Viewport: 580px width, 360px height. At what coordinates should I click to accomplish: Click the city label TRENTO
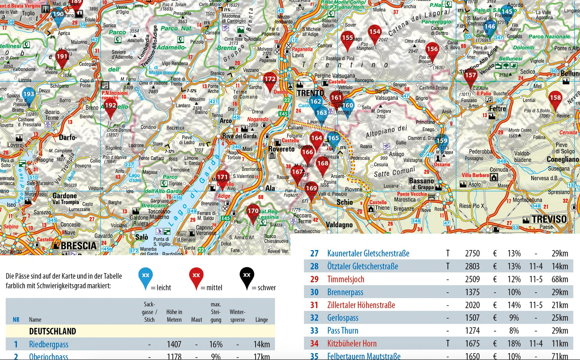coord(310,93)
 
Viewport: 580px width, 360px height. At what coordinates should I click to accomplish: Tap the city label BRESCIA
coord(79,246)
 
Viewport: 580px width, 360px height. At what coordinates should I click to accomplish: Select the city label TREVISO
coord(549,219)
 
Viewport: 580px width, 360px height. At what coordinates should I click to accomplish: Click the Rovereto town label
coord(281,149)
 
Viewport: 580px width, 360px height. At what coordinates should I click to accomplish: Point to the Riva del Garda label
coord(239,136)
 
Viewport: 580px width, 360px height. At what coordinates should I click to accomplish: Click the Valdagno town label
coord(339,225)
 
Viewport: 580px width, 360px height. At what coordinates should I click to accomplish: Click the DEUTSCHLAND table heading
coord(53,331)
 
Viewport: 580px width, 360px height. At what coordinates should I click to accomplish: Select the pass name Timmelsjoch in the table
coord(346,279)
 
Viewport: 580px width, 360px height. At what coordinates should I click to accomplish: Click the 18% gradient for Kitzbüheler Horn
coord(514,344)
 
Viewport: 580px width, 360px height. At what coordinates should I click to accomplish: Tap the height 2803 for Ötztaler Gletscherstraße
coord(472,266)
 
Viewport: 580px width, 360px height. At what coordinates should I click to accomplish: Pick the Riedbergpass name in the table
coord(49,344)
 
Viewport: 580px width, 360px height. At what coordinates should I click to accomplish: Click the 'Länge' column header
coord(261,320)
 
